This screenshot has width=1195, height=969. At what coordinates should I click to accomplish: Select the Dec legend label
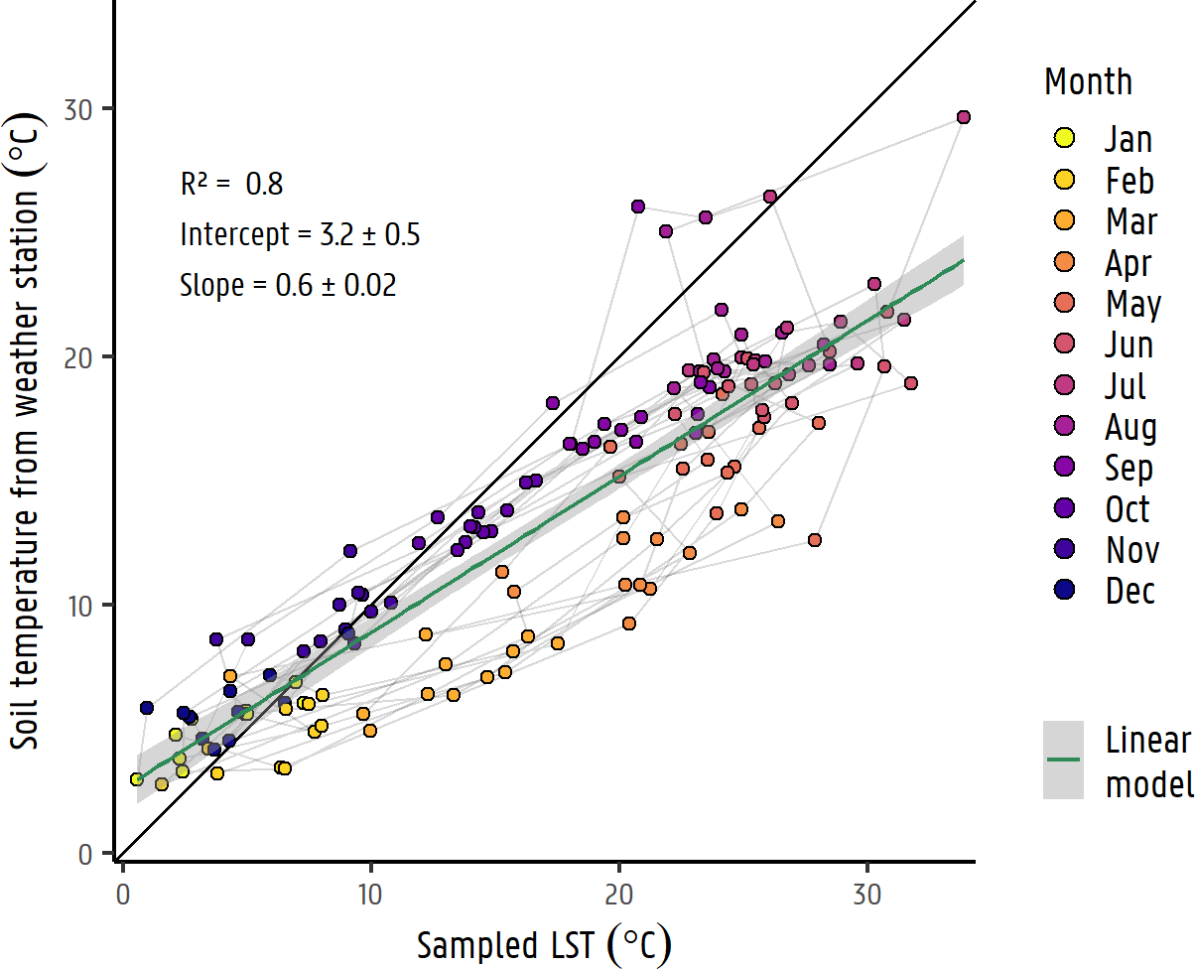[x=1130, y=592]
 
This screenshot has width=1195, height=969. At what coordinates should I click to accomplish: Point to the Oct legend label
[x=1128, y=509]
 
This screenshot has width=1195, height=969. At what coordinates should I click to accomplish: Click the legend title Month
[x=1088, y=81]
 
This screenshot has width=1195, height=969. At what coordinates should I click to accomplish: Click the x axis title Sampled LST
[x=543, y=945]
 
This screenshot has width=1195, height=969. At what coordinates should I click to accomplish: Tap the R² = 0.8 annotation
[x=231, y=185]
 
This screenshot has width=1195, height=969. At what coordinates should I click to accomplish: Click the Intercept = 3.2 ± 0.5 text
[x=300, y=235]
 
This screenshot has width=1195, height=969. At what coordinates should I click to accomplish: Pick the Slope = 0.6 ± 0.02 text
[x=288, y=286]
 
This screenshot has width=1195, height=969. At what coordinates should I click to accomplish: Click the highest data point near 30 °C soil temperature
[x=963, y=117]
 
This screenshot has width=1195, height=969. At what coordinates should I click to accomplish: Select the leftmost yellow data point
[x=137, y=779]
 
